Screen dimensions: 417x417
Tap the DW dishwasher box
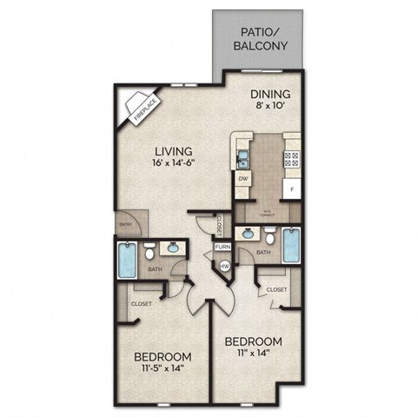(244, 180)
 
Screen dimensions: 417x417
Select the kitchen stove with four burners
(292, 158)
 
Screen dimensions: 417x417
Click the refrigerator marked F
(292, 189)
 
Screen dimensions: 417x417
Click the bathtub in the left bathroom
(128, 257)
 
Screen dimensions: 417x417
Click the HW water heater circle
(223, 266)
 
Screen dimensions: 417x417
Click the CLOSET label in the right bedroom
(276, 288)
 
